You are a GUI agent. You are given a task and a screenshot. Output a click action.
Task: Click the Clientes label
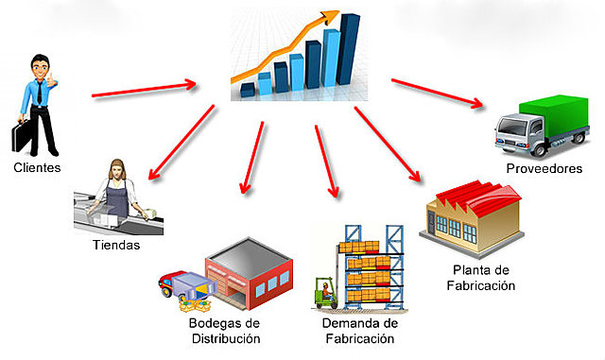(37, 167)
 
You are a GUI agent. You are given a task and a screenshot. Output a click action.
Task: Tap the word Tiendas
(116, 245)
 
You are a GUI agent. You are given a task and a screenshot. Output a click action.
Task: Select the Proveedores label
(544, 168)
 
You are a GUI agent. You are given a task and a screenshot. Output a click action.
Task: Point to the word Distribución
(226, 338)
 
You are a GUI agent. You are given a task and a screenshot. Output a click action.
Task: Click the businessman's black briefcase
(21, 135)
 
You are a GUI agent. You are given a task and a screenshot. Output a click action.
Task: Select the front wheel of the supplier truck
(539, 148)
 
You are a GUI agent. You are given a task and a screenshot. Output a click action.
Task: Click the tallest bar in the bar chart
(348, 49)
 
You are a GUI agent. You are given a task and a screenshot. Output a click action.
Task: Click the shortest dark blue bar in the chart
(248, 90)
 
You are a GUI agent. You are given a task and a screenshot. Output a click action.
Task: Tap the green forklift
(326, 293)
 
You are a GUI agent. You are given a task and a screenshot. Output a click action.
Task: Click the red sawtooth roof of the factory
(479, 197)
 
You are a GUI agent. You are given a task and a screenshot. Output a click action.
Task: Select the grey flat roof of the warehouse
(249, 257)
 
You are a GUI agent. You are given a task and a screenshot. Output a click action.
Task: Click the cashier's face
(117, 169)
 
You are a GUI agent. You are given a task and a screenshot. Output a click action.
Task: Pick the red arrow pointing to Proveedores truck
(437, 93)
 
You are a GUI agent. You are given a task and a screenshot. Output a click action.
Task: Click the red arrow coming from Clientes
(144, 89)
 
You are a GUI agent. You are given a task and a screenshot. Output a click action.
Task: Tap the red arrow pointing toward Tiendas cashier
(181, 143)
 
